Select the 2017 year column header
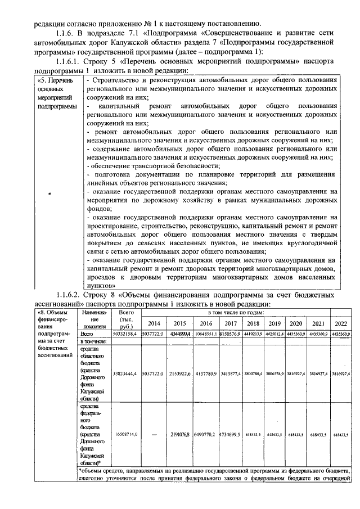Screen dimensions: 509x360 pos(231,323)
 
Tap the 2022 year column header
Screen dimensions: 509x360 pos(340,323)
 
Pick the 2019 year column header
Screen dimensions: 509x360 pos(274,323)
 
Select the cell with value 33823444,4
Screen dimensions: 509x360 pos(125,373)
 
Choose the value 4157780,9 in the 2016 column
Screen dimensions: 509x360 pos(205,373)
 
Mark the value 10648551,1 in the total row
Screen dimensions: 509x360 pos(205,334)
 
